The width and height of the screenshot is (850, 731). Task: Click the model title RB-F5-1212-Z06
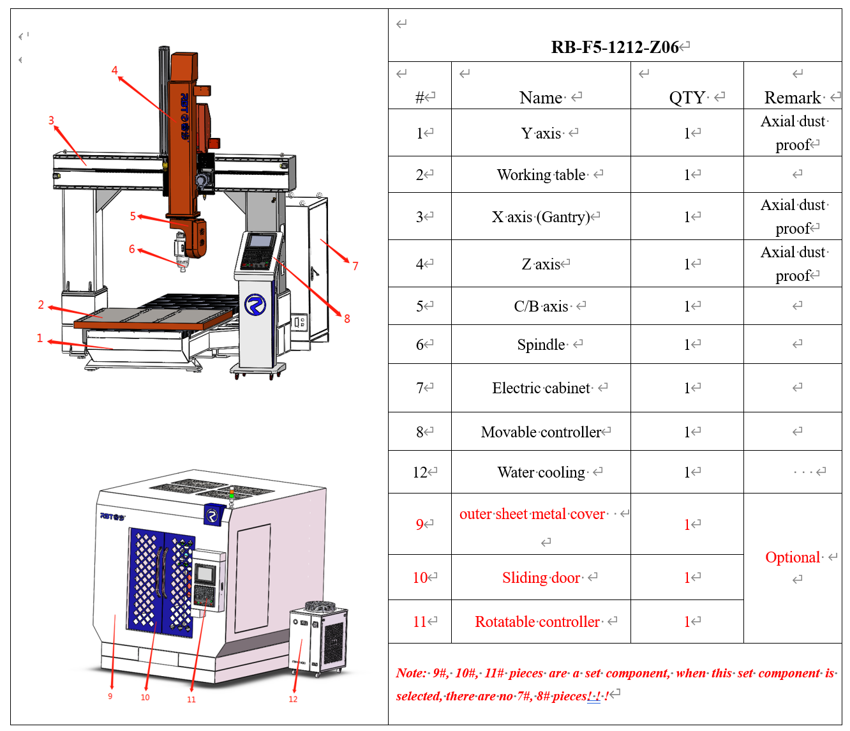click(615, 47)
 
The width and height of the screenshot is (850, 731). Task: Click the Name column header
click(541, 98)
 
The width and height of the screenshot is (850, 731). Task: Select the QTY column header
click(687, 98)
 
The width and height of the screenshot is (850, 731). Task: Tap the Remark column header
click(793, 98)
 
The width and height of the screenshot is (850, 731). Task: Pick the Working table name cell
click(541, 175)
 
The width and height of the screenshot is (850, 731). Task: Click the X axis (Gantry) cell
click(541, 217)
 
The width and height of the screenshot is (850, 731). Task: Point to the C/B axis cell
click(541, 306)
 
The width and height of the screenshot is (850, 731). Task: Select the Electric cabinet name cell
click(541, 388)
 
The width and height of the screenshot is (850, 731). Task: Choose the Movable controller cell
click(541, 432)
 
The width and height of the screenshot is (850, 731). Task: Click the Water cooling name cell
click(541, 472)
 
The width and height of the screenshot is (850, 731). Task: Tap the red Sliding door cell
click(541, 578)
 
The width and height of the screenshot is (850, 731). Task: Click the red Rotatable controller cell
click(537, 622)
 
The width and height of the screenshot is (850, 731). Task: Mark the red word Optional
click(793, 557)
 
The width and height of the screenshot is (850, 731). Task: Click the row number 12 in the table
click(420, 472)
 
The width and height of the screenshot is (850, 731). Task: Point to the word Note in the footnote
click(410, 673)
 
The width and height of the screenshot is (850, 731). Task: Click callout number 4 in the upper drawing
click(115, 70)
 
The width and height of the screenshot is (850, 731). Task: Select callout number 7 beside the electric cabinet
click(355, 266)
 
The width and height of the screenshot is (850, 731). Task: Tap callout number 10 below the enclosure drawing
click(145, 697)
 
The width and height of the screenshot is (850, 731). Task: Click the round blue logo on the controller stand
click(255, 305)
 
